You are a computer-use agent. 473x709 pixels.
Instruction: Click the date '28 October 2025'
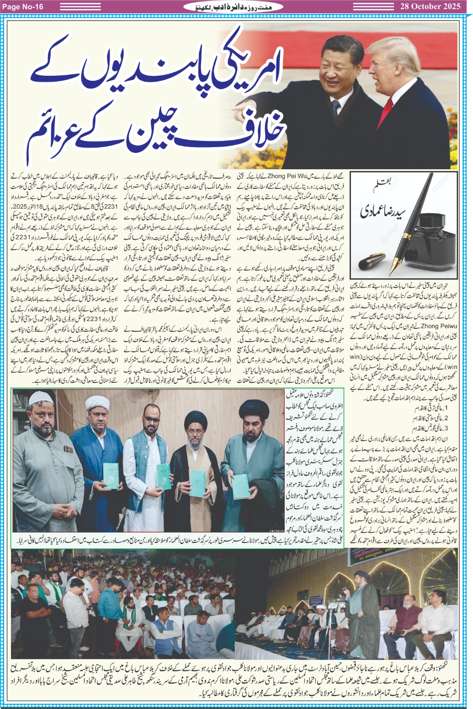430,6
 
